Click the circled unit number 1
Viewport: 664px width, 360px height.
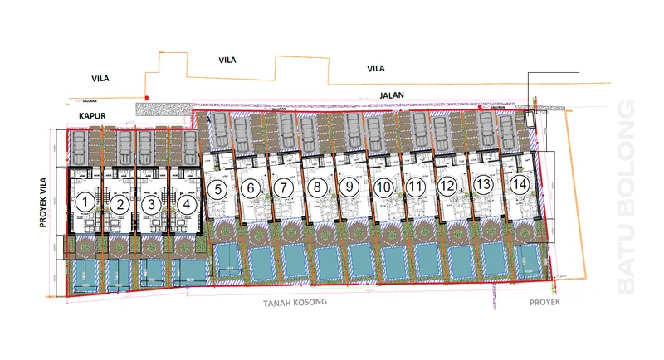click(x=84, y=202)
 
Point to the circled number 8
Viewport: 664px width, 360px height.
click(x=316, y=187)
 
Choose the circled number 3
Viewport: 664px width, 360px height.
click(x=150, y=202)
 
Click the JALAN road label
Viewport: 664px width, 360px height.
click(x=392, y=95)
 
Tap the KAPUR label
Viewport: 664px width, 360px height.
click(x=95, y=116)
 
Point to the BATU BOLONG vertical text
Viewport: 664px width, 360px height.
click(x=627, y=197)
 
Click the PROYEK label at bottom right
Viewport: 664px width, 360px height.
click(x=544, y=303)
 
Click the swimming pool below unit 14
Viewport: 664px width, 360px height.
click(x=526, y=260)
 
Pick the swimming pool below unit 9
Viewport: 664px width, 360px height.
click(x=361, y=260)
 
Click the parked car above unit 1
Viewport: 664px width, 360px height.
click(x=79, y=148)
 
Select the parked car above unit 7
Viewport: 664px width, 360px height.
click(x=286, y=130)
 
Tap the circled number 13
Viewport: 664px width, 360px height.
click(x=483, y=183)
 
